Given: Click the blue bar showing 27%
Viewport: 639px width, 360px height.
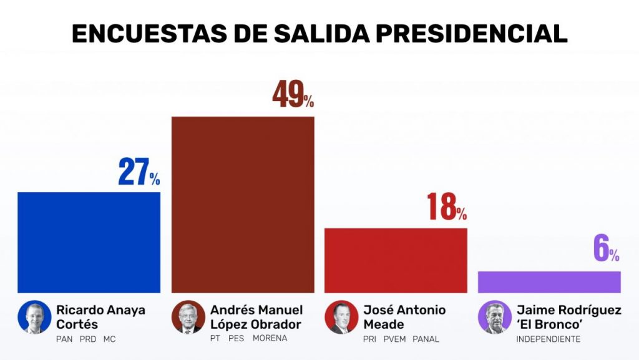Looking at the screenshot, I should point(89,242).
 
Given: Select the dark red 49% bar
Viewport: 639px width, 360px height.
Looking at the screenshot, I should point(243,204).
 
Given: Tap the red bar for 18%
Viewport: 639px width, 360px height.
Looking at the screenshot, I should point(396,260).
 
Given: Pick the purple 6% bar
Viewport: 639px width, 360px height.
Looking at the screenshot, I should point(549,282).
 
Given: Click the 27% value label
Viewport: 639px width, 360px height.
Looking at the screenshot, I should point(139,173).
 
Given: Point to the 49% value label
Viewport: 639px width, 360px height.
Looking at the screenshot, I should point(293,95).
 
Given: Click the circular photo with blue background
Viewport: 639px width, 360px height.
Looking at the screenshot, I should point(34,317).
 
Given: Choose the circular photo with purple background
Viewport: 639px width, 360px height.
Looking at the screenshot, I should point(495,317).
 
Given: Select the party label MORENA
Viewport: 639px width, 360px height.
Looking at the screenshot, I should point(270,339).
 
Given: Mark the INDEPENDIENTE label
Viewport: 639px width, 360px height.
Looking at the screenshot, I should point(549,339).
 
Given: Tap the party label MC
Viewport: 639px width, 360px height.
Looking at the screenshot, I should point(110,339).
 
